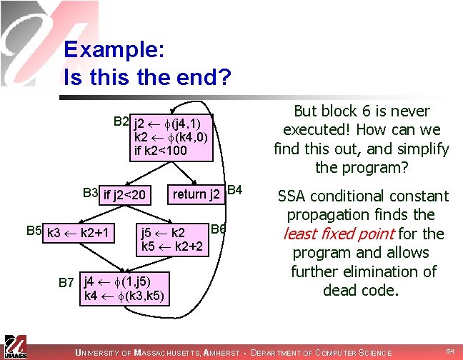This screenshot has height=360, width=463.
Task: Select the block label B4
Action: [x=235, y=191]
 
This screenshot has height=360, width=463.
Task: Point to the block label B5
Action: [x=34, y=231]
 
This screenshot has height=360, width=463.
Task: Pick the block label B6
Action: [x=219, y=229]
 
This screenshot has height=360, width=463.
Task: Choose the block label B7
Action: [x=66, y=282]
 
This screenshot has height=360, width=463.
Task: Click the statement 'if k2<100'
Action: [x=161, y=151]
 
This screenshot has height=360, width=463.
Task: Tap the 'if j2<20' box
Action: [x=125, y=194]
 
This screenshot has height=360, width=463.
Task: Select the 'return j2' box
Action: [x=196, y=194]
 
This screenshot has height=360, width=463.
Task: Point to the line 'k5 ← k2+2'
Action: [x=173, y=247]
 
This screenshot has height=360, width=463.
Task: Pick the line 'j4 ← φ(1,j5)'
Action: [x=115, y=281]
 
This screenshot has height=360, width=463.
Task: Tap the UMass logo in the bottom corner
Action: [x=14, y=346]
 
